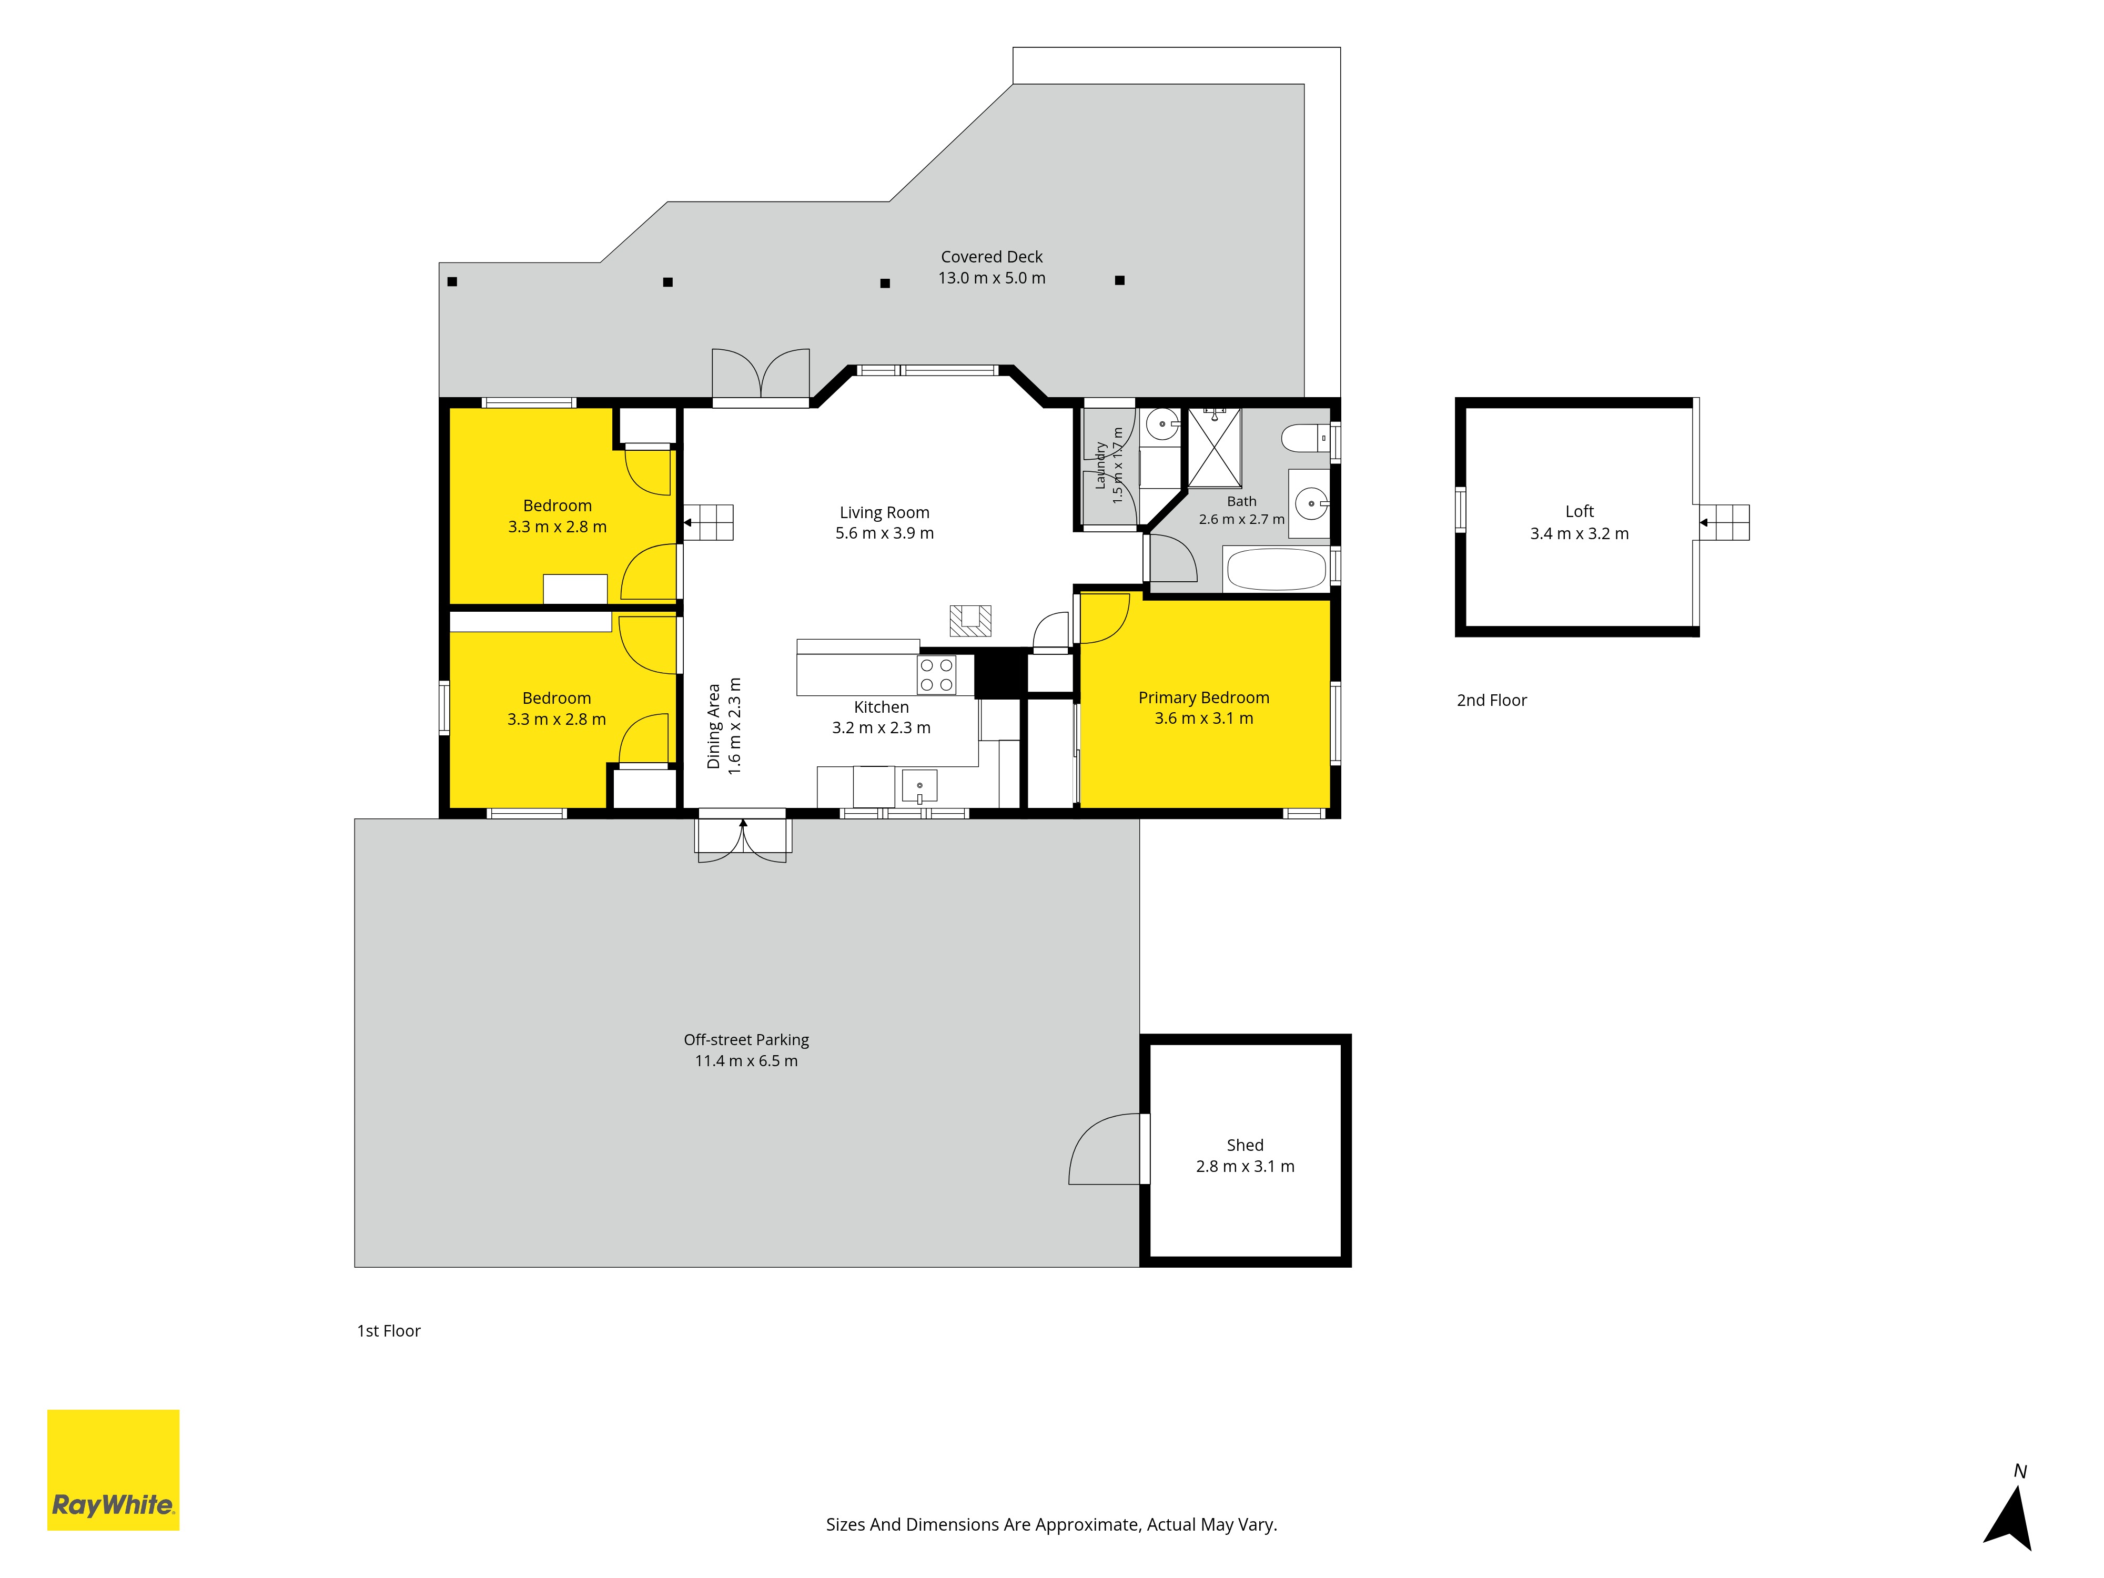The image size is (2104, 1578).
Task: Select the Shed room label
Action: click(1245, 1145)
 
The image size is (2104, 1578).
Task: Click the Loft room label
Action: click(1579, 512)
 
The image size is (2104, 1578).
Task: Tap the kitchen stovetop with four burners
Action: click(936, 674)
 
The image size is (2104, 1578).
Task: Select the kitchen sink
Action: click(919, 786)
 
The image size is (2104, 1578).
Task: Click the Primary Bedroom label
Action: click(1203, 698)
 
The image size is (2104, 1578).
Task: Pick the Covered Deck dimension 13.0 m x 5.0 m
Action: click(992, 278)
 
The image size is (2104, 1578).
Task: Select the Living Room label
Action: click(885, 513)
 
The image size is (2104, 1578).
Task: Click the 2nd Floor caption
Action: click(1491, 700)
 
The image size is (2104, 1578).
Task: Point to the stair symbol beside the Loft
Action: click(1724, 522)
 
